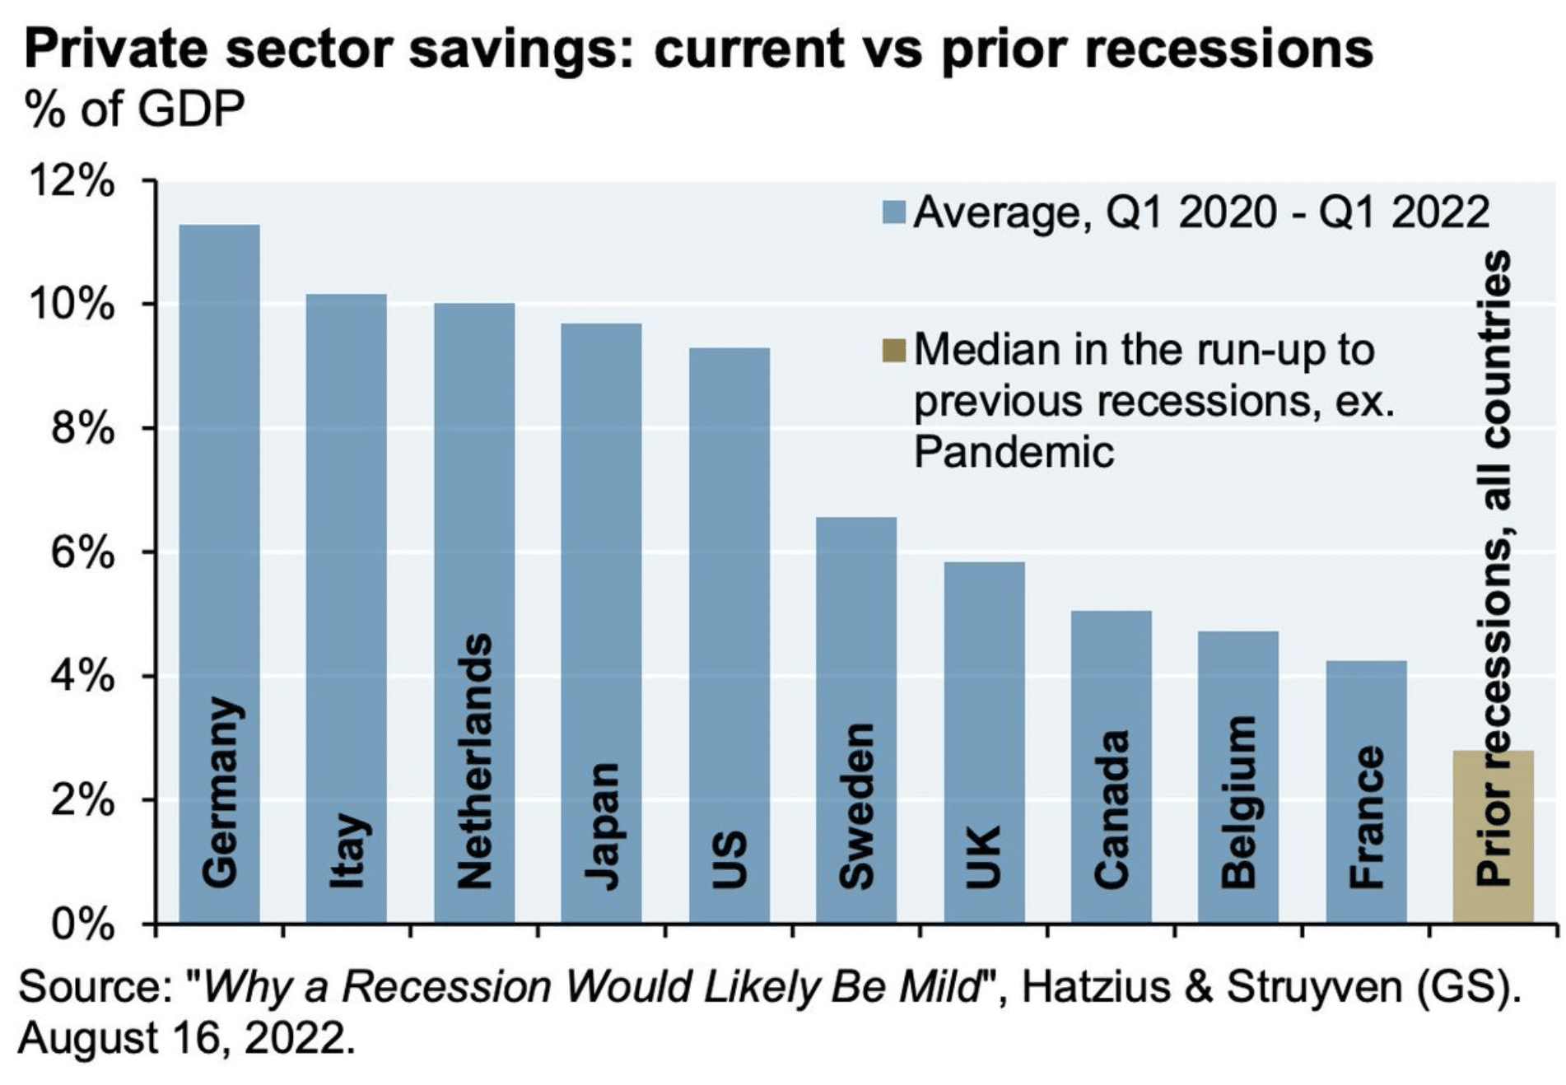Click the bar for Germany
219,573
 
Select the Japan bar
601,623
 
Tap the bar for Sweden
856,719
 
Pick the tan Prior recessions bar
1493,836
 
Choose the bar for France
1366,791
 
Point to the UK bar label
984,857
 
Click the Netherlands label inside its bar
474,761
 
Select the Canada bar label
1112,809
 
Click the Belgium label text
1239,803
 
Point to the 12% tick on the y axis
72,180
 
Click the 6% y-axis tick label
82,552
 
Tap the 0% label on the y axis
82,924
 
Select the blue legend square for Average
893,212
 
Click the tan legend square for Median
893,350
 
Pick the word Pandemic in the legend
1014,452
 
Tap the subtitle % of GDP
135,109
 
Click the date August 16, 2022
187,1038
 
